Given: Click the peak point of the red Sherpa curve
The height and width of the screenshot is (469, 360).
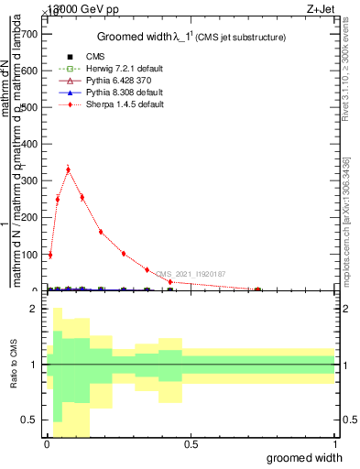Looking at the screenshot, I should coord(68,169).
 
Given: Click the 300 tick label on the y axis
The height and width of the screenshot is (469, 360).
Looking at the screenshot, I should coord(30,181).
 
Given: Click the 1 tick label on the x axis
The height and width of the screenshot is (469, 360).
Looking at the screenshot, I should coord(334,444).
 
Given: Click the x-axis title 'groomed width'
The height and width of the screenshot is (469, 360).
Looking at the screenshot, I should coord(311,457).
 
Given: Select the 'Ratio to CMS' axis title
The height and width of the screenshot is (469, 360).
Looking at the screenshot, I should coord(13,365).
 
